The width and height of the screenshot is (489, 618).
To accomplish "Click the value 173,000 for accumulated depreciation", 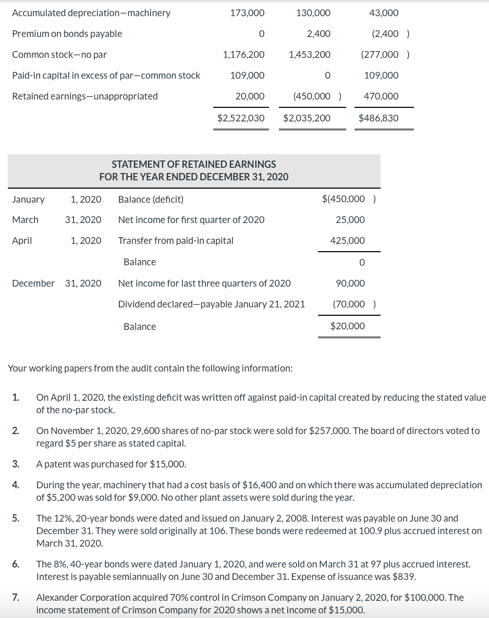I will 247,13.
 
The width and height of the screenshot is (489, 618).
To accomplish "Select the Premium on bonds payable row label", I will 67,34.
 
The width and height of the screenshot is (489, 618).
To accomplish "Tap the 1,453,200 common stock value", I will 309,55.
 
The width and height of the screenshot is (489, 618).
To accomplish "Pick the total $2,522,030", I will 241,118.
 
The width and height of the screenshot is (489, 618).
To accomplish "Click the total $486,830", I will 378,118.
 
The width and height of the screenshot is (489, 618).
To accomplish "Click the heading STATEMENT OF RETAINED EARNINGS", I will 194,164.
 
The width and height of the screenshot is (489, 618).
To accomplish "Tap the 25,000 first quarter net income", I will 350,220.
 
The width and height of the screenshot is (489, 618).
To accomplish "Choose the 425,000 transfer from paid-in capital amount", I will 348,241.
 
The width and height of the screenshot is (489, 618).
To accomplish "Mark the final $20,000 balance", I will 348,326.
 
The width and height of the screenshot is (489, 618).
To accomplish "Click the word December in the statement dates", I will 33,283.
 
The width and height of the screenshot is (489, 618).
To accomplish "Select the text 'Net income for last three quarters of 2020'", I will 204,283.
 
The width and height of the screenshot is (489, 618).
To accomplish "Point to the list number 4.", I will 16,485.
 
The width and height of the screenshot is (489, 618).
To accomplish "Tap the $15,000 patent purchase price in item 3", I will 167,464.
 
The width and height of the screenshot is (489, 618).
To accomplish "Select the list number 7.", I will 16,598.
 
